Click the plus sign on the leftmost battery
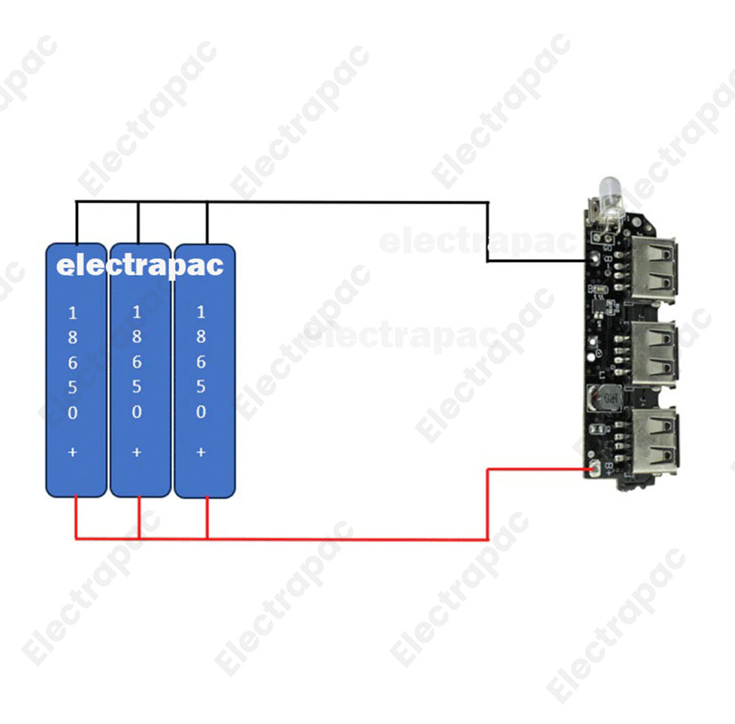point(73,452)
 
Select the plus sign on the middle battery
point(137,452)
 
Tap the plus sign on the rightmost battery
point(201,452)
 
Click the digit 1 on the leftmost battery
point(73,314)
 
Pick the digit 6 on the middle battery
point(137,362)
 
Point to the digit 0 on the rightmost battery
point(201,412)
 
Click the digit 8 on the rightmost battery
point(201,337)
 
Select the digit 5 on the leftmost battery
point(73,388)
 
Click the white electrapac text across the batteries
point(139,265)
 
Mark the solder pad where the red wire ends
point(593,468)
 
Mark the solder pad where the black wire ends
point(592,260)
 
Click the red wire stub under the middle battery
point(139,518)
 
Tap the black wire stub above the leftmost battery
point(76,222)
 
